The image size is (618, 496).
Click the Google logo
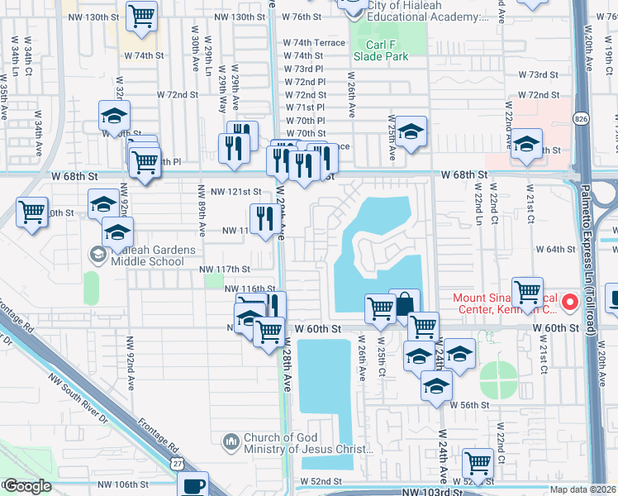click(x=26, y=486)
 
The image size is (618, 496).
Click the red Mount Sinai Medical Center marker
click(x=569, y=303)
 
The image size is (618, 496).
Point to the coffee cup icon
click(x=193, y=484)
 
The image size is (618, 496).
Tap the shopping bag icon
click(x=404, y=305)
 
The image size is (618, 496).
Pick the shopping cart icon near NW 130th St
click(x=142, y=16)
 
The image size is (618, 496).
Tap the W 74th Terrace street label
click(x=314, y=42)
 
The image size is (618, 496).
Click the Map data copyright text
click(x=582, y=489)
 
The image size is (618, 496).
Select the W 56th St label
click(x=471, y=404)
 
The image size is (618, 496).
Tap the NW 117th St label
click(x=223, y=269)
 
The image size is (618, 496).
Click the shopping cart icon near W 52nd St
click(x=478, y=463)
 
